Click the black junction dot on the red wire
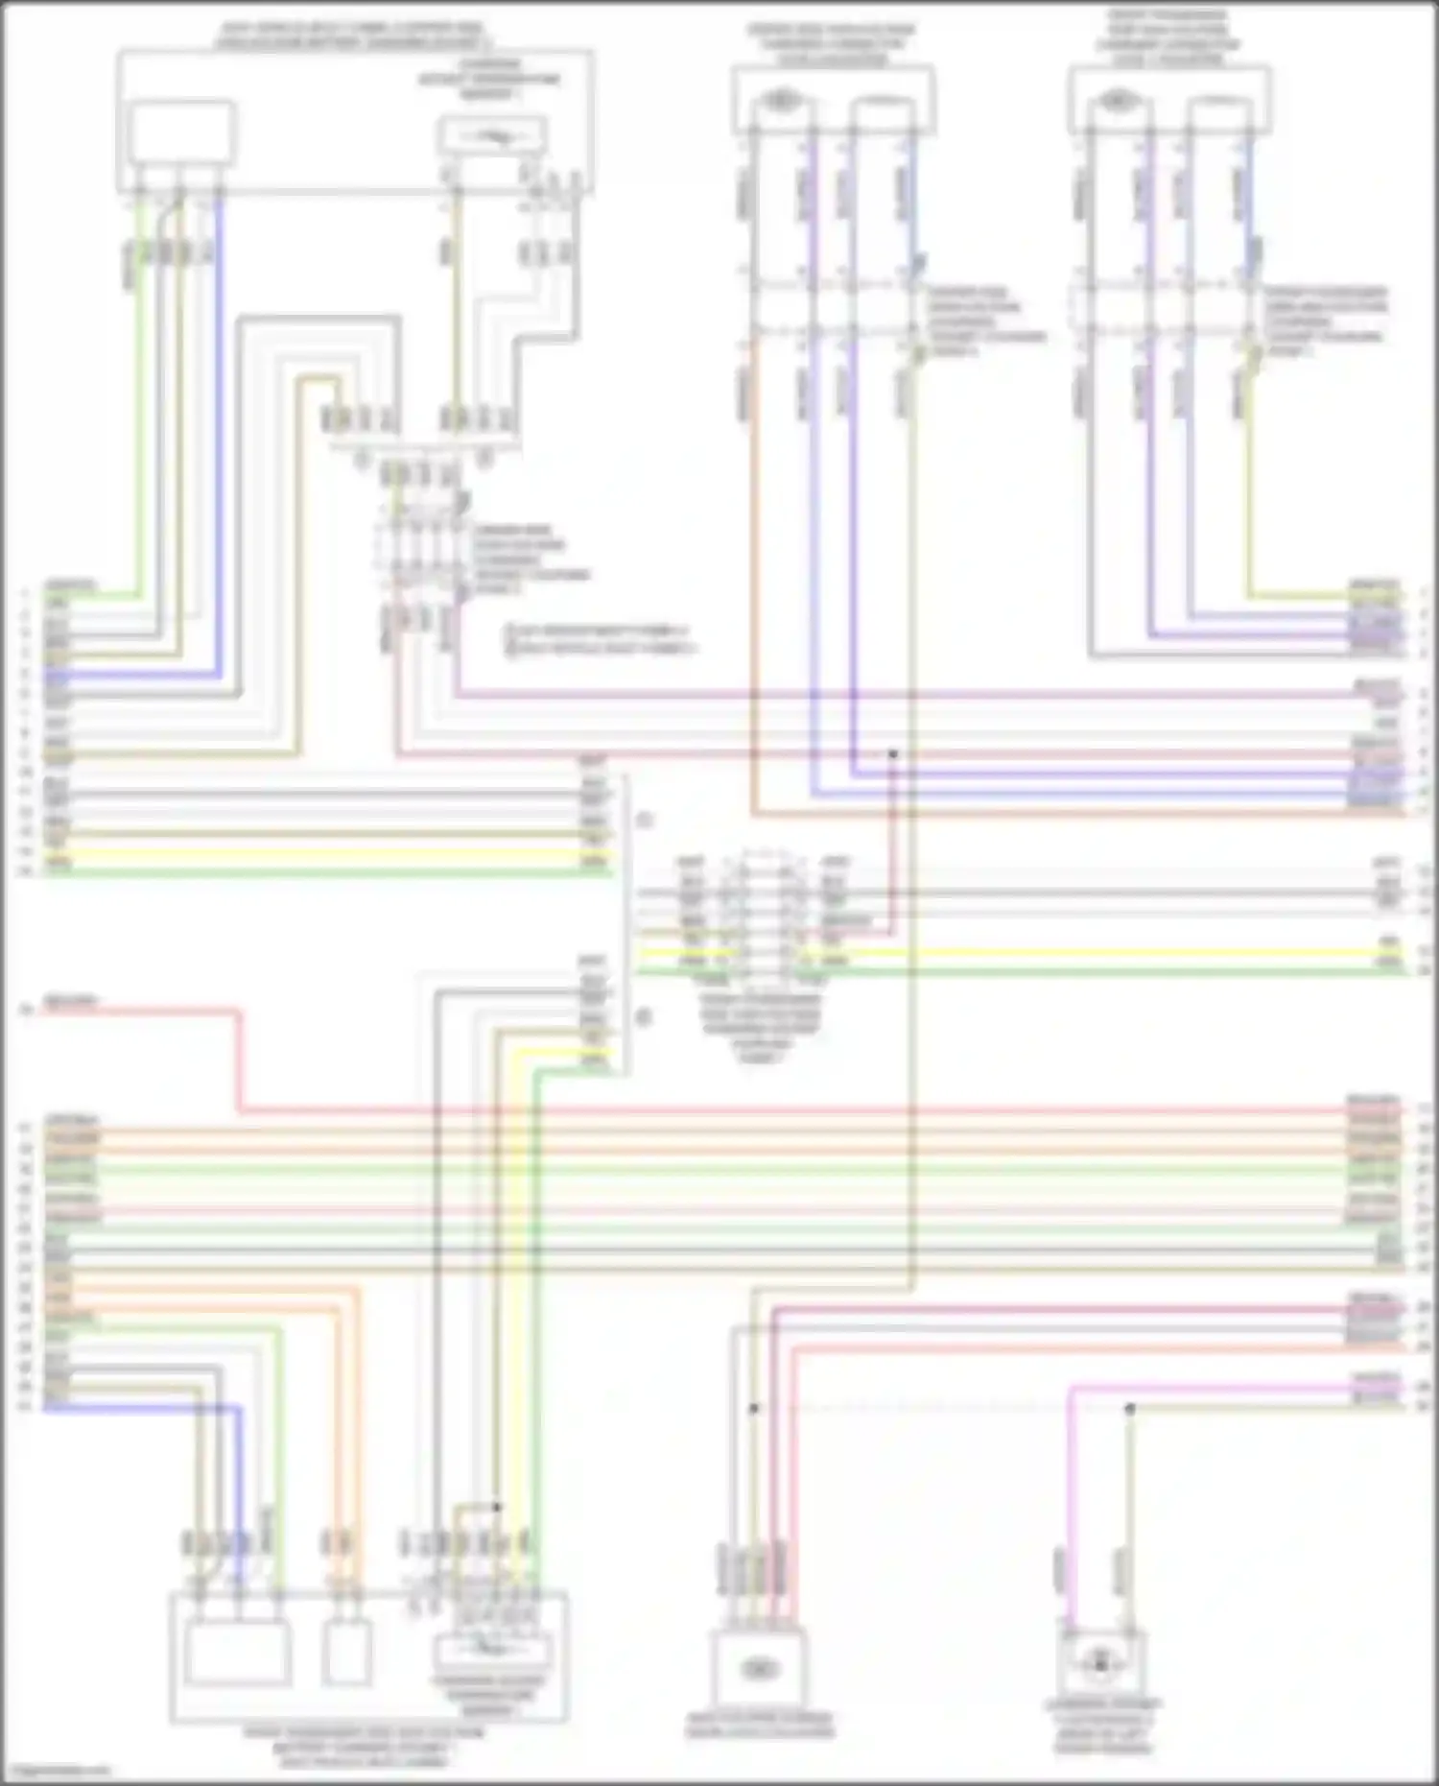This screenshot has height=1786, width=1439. click(893, 754)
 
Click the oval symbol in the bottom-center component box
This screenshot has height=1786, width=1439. click(758, 1670)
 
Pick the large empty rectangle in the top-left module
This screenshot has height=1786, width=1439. click(182, 132)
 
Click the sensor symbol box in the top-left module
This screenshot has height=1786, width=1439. click(492, 137)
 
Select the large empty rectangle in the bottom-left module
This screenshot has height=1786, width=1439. click(238, 1652)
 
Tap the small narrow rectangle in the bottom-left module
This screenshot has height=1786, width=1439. click(346, 1652)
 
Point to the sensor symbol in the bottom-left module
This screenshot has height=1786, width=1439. click(492, 1650)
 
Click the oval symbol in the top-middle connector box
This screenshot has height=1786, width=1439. click(784, 99)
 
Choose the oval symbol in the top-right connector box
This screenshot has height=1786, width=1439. click(1116, 99)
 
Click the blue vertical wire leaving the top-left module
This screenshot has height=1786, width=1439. click(220, 432)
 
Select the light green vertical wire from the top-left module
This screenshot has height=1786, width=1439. click(140, 403)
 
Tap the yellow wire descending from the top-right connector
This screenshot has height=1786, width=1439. click(1249, 480)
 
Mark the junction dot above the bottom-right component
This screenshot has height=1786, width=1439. click(1130, 1409)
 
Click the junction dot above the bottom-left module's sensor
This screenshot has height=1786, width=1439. click(497, 1507)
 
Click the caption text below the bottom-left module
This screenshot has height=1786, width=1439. click(364, 1747)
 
